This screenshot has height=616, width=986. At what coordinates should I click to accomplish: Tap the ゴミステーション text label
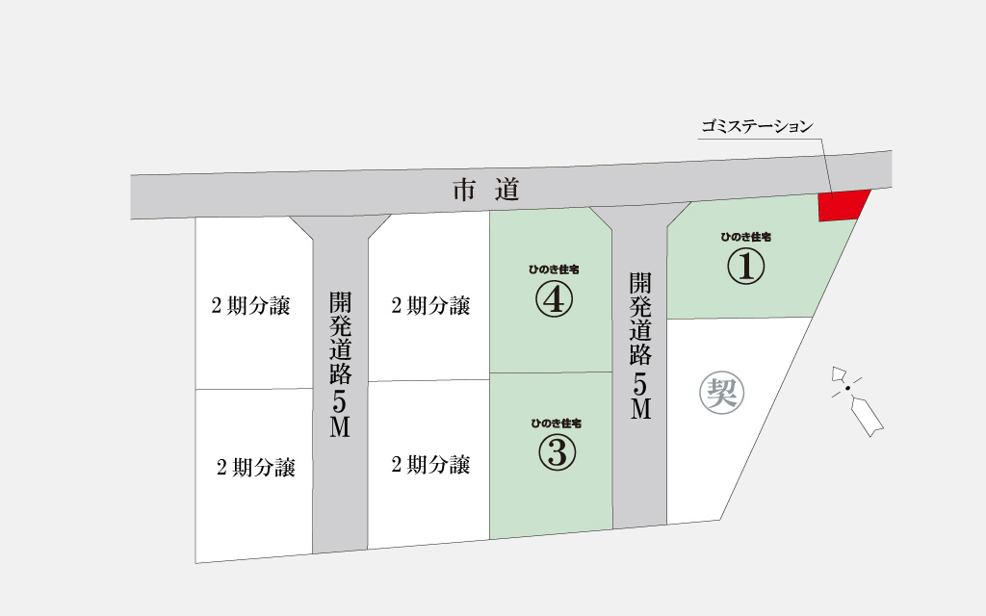click(x=757, y=126)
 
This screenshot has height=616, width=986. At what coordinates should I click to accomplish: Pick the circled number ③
click(x=556, y=452)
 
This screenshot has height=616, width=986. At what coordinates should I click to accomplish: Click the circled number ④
click(x=554, y=300)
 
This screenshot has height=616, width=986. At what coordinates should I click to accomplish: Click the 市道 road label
click(x=486, y=191)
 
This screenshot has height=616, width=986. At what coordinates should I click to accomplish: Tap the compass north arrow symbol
click(x=854, y=397)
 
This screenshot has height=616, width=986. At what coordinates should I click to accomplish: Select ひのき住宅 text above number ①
click(x=745, y=236)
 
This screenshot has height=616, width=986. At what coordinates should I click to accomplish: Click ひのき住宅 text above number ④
click(x=554, y=269)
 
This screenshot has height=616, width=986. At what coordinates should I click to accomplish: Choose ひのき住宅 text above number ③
click(x=556, y=423)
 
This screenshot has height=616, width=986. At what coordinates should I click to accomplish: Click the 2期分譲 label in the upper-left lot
click(x=250, y=307)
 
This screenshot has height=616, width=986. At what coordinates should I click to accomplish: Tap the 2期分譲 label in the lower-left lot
click(x=255, y=469)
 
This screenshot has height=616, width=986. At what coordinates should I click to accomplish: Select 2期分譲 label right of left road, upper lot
click(x=430, y=306)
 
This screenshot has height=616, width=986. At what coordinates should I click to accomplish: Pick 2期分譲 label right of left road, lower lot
click(x=430, y=466)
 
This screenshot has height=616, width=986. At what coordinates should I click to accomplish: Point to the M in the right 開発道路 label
click(x=641, y=409)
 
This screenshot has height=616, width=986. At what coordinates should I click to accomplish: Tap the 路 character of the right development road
click(x=641, y=354)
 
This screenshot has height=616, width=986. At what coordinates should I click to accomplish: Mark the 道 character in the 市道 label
click(x=506, y=191)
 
